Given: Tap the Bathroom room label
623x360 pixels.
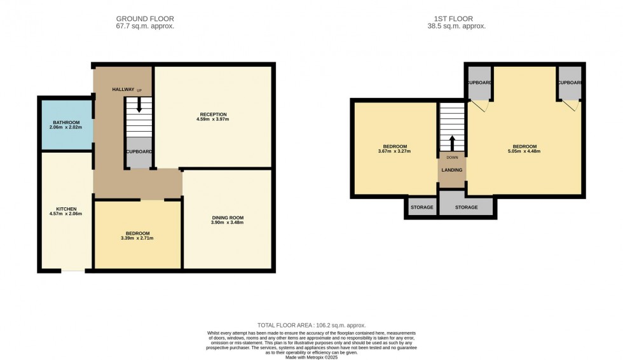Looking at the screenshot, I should (x=66, y=122).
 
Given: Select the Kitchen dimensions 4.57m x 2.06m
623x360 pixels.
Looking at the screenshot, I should (x=66, y=214).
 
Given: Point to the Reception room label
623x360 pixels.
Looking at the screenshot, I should (x=212, y=113).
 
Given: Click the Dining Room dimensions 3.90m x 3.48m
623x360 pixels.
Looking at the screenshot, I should (x=228, y=223).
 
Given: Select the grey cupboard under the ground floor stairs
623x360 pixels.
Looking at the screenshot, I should (x=139, y=153).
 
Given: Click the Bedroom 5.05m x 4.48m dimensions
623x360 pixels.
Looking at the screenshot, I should (x=524, y=151).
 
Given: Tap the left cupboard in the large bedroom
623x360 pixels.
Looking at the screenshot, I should (x=478, y=83).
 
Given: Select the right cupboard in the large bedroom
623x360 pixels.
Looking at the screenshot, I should (x=570, y=83).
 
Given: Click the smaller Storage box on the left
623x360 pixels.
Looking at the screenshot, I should (x=421, y=207).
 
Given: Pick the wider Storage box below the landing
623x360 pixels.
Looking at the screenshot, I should (x=466, y=207).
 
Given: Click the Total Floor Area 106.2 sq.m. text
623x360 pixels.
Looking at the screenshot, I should (x=311, y=325).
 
